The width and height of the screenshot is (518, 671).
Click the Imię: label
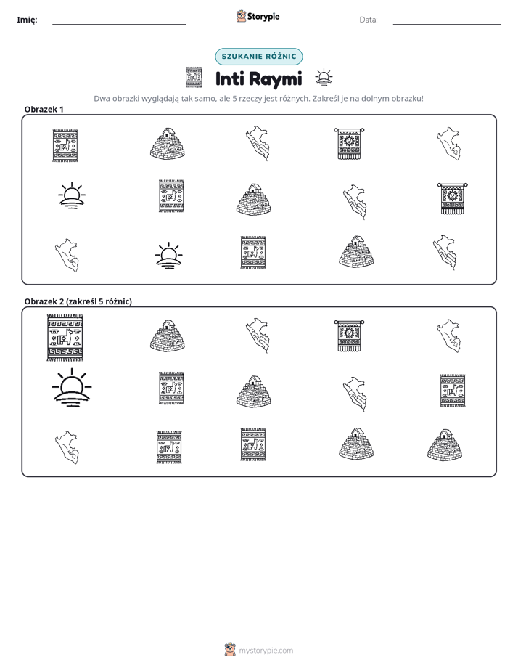pos(27,20)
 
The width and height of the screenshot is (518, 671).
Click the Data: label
pos(369,20)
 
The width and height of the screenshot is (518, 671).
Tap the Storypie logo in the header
pos(258,16)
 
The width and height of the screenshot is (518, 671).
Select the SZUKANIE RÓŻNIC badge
pos(258,57)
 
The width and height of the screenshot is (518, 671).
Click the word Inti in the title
pos(229,78)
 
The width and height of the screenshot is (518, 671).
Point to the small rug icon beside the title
pos(194,77)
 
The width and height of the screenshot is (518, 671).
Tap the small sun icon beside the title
pos(324,78)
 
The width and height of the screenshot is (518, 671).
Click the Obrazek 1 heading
pos(44,109)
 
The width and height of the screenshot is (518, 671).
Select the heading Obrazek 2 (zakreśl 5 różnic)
pos(78,301)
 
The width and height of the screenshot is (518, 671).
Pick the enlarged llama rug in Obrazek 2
pos(65,338)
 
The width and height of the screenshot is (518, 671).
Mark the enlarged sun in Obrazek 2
pos(72,388)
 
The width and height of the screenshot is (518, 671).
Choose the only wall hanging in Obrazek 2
pos(349,336)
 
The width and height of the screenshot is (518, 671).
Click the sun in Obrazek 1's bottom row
pos(168,256)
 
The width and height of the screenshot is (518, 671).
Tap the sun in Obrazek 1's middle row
pos(72,195)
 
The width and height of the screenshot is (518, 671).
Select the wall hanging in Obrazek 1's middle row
pos(452,198)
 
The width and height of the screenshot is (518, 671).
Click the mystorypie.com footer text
pos(266,651)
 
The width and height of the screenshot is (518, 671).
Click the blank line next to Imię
pos(119,24)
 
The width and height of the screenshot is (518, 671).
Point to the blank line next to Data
pos(447,24)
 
